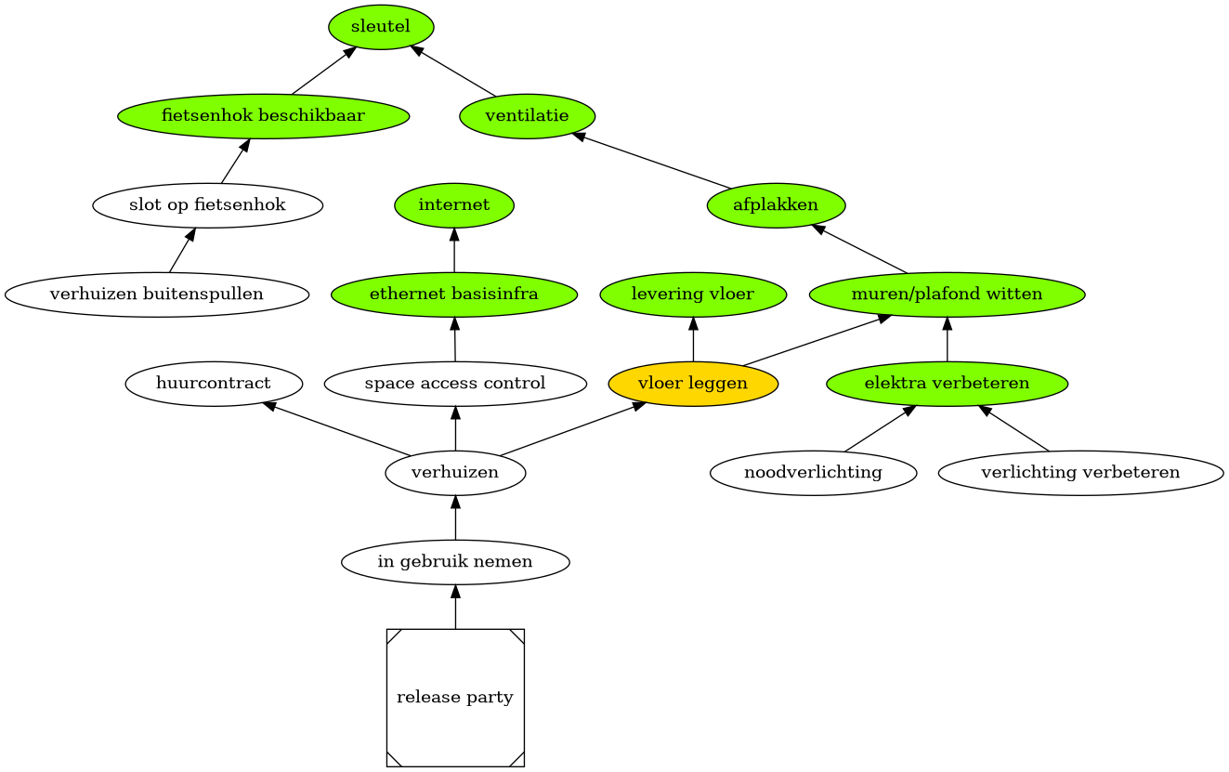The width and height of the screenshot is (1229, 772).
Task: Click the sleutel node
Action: tap(381, 27)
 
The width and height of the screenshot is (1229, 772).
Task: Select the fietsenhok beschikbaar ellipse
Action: tap(263, 116)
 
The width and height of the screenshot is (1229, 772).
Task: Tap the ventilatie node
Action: tap(527, 116)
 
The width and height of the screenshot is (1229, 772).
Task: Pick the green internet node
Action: tap(454, 205)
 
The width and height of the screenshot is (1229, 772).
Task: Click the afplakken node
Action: tap(776, 205)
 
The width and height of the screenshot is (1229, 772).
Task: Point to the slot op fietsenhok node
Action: tap(207, 205)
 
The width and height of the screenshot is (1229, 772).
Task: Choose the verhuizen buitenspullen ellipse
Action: tap(156, 294)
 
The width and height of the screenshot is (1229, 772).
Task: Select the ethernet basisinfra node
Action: tap(454, 294)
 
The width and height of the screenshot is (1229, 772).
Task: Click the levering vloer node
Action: tap(693, 294)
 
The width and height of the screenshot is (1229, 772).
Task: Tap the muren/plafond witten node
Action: tap(947, 294)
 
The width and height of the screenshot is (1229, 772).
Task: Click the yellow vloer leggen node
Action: tap(693, 384)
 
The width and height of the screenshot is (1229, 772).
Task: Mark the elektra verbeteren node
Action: tap(947, 384)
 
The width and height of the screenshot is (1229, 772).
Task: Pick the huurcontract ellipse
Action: tap(214, 384)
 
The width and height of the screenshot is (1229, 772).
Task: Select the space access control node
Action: tap(455, 384)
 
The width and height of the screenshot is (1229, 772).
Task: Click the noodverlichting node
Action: tap(813, 473)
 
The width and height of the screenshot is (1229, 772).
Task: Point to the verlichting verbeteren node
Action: tap(1080, 473)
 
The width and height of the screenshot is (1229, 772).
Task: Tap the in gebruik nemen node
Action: tap(455, 562)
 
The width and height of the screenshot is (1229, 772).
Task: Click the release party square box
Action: tap(455, 698)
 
